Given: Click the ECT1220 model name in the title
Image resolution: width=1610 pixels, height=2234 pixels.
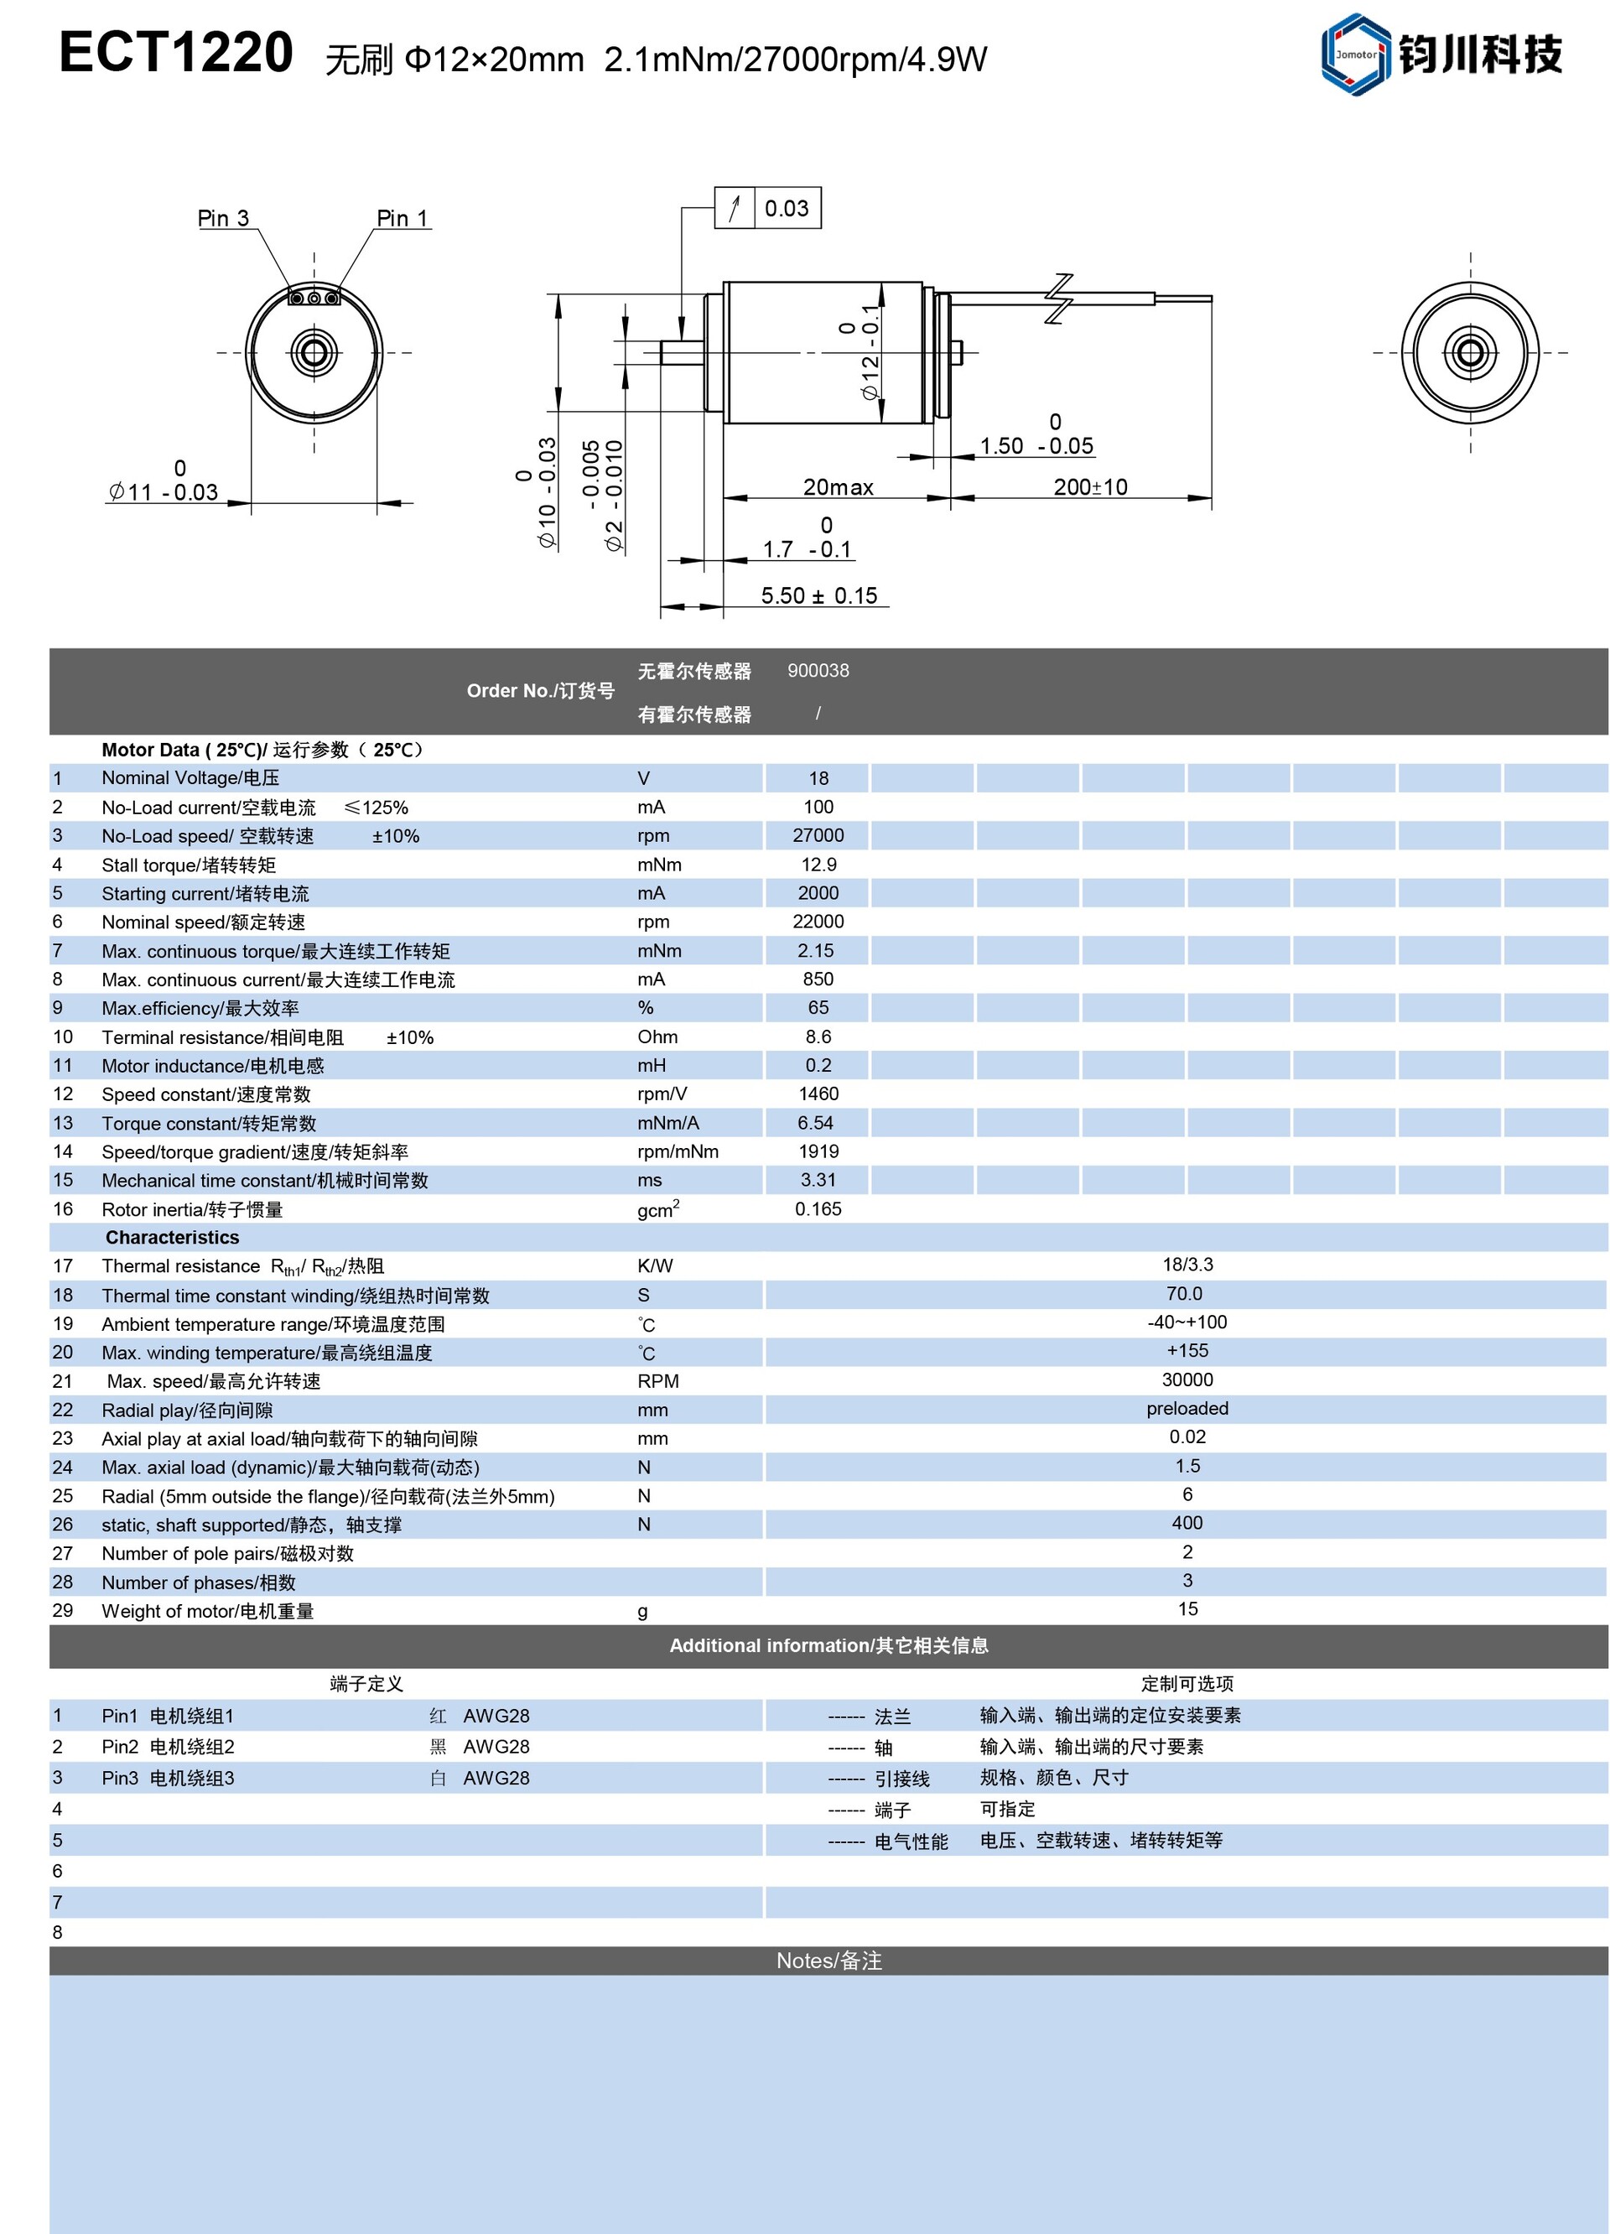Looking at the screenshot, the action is [176, 52].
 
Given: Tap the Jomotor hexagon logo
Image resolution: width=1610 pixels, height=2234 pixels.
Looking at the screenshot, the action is [1355, 55].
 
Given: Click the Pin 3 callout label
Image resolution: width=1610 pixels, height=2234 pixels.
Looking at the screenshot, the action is [224, 218].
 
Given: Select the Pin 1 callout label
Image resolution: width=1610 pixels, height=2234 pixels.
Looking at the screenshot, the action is [402, 218].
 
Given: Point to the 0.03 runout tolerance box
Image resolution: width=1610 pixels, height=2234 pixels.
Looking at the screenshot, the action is [768, 208].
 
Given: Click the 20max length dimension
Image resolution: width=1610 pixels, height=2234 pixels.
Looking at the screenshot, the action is [838, 486].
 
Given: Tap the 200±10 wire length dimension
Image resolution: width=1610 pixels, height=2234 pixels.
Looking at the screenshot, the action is [1090, 486].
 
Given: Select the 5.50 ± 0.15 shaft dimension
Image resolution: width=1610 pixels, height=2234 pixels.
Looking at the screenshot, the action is [819, 595].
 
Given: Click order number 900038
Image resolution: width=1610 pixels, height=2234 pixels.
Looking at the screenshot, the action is [818, 671].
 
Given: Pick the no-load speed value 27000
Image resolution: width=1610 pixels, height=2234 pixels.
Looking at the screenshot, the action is [818, 835].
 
